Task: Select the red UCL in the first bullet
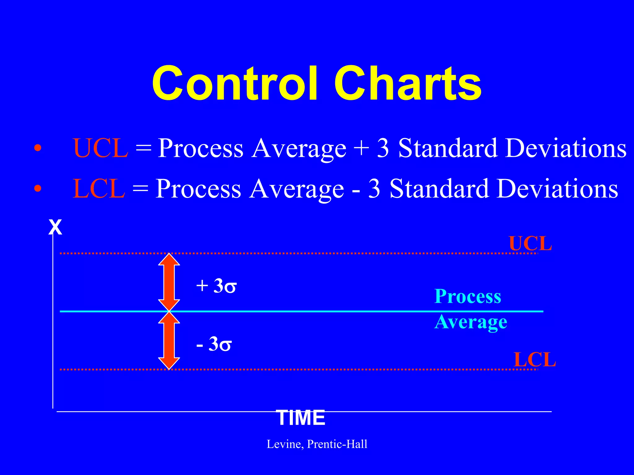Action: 101,148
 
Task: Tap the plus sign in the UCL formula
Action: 361,148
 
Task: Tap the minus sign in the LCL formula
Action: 356,189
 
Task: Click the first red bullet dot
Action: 37,148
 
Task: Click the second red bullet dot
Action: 37,188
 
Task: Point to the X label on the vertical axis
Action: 55,228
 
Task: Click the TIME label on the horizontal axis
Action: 300,418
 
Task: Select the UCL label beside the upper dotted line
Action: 530,244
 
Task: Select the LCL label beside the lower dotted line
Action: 535,360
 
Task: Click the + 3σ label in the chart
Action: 216,286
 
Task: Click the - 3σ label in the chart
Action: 214,344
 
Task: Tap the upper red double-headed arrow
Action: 169,282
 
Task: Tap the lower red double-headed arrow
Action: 169,340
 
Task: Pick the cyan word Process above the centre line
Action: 467,296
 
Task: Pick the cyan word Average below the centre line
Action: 471,322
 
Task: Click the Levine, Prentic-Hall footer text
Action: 317,444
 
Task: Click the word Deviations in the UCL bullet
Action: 566,148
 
